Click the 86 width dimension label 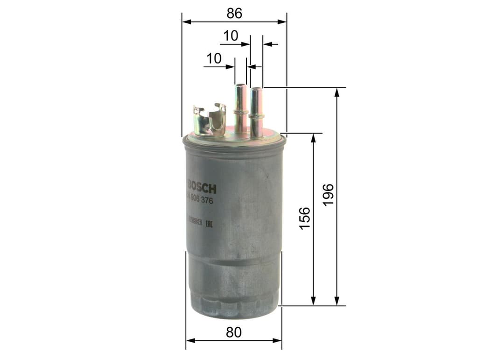[234, 14]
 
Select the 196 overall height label [328, 194]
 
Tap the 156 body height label [304, 218]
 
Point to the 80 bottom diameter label [234, 332]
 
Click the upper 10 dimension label [231, 36]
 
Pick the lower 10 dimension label [214, 59]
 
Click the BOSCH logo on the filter [202, 188]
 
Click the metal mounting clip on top [210, 120]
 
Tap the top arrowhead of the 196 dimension [337, 92]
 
